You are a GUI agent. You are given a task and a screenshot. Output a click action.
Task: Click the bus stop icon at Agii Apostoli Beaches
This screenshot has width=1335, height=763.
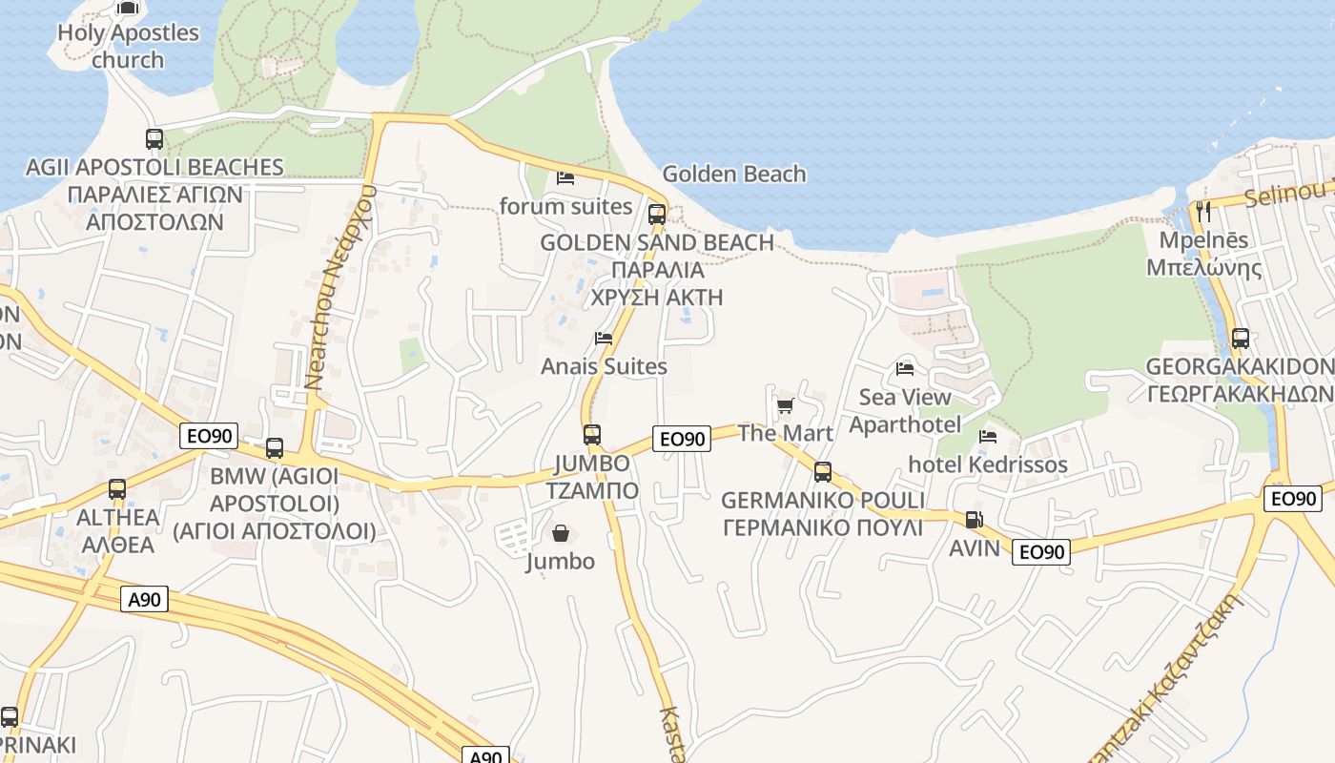[x=154, y=139]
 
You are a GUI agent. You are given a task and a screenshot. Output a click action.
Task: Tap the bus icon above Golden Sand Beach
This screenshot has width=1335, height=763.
[x=657, y=214]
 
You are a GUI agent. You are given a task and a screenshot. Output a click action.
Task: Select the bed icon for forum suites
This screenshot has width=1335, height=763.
[x=565, y=178]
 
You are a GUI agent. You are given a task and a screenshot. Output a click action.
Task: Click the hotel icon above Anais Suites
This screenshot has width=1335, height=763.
[x=604, y=339]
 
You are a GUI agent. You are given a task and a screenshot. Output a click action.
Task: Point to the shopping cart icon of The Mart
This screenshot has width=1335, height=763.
[x=785, y=406]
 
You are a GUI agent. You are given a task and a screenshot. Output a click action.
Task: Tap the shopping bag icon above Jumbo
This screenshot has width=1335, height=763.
[x=561, y=533]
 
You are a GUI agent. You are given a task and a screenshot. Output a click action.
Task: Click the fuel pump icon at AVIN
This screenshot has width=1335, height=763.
[x=974, y=520]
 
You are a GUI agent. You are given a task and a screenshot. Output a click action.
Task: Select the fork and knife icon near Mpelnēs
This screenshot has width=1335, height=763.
[x=1202, y=212]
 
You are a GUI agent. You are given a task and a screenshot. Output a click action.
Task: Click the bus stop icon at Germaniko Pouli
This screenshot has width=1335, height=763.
[x=822, y=472]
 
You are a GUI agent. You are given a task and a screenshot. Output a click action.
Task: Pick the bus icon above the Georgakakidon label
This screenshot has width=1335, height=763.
[x=1240, y=339]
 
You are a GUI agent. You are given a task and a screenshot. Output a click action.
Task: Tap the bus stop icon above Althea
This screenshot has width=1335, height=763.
[x=117, y=489]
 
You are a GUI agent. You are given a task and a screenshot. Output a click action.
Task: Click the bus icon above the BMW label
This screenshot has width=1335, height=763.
[x=275, y=448]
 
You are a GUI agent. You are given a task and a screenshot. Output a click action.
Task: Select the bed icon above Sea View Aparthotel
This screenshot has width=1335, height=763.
[x=905, y=369]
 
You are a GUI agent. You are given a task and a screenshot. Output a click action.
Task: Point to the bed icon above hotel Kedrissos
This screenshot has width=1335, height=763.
[x=988, y=437]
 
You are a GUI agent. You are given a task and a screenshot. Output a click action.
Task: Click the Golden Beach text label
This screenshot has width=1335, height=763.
[x=733, y=174]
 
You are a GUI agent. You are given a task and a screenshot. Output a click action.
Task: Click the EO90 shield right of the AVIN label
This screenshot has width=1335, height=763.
[x=1040, y=551]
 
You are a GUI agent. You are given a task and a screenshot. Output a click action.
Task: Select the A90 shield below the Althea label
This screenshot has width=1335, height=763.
[x=145, y=599]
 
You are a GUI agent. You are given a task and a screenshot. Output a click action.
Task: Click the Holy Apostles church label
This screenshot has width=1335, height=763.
[x=128, y=46]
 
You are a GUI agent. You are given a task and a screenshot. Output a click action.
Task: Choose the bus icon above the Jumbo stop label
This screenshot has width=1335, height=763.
[x=592, y=435]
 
